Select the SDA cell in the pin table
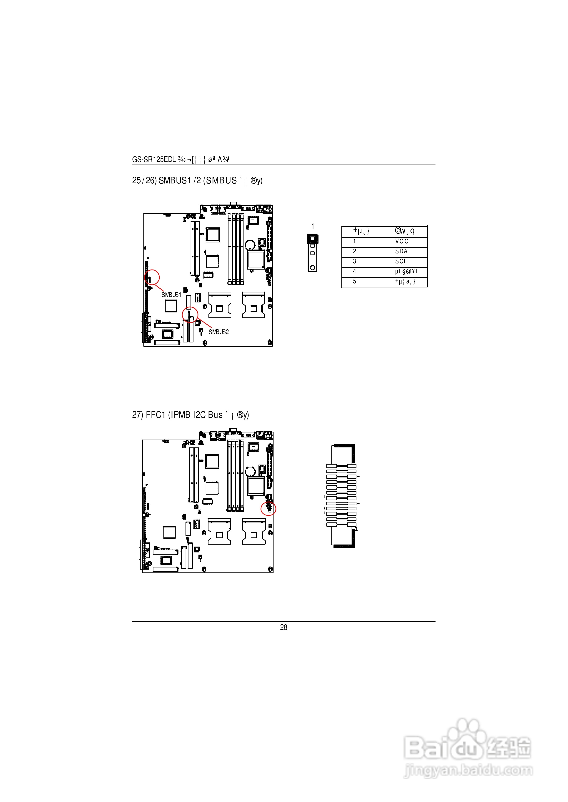[401, 251]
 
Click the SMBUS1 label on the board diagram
[171, 295]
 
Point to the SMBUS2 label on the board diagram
[218, 332]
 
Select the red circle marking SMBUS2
[190, 315]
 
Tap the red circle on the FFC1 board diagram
[269, 509]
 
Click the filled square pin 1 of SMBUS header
[312, 239]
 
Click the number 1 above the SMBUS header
[313, 226]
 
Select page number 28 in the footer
[284, 627]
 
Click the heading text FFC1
[155, 415]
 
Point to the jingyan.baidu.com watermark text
[468, 770]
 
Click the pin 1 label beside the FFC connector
[356, 529]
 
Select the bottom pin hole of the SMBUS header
[312, 268]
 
